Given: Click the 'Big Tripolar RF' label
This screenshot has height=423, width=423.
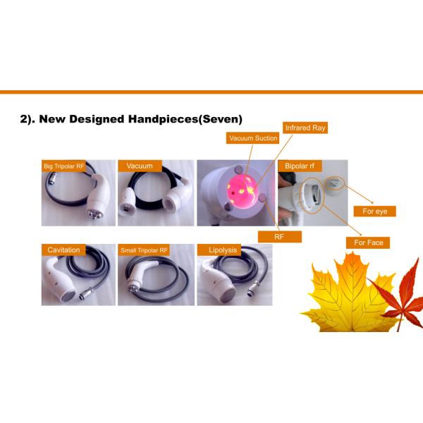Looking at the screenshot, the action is click(x=63, y=166).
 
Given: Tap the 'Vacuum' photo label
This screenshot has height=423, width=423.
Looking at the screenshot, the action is click(x=140, y=166).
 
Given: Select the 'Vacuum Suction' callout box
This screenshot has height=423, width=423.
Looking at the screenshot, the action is click(x=252, y=138).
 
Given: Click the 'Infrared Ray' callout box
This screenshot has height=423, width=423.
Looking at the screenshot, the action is click(x=305, y=128).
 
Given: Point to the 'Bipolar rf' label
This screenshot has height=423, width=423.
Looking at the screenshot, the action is click(x=300, y=166).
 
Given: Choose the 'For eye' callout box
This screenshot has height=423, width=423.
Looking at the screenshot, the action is click(x=375, y=211).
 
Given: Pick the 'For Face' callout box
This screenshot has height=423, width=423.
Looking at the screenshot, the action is click(x=368, y=243).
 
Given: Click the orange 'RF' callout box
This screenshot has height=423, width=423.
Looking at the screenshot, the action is click(x=279, y=237).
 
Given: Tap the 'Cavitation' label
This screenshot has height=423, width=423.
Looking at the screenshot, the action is click(x=63, y=250).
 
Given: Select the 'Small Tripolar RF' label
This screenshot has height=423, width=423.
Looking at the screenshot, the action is click(x=144, y=250).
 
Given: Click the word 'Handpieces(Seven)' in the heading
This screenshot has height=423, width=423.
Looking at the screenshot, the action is click(x=185, y=119).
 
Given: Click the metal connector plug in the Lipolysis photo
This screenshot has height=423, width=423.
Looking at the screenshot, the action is click(x=254, y=288).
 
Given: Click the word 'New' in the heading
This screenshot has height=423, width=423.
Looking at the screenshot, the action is click(x=54, y=119).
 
